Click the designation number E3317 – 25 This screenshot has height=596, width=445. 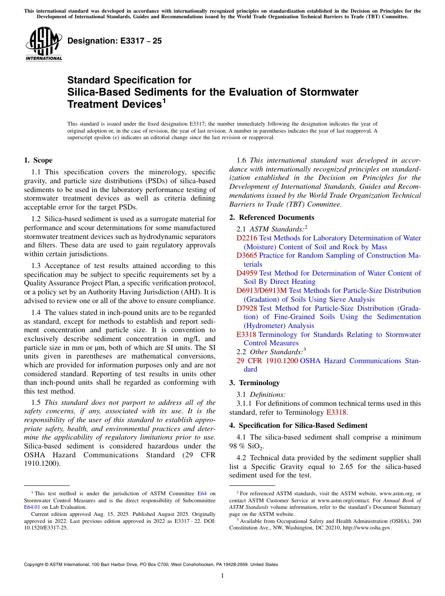click(115, 41)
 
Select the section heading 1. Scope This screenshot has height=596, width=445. click(38, 160)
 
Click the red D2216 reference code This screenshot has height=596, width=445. click(247, 238)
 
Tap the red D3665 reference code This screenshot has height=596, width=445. click(247, 255)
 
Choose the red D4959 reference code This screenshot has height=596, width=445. click(247, 273)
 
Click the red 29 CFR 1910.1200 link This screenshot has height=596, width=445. click(267, 361)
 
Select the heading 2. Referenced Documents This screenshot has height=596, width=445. click(272, 217)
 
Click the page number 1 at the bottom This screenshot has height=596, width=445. click(222, 576)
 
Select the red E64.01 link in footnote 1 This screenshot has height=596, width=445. click(31, 507)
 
